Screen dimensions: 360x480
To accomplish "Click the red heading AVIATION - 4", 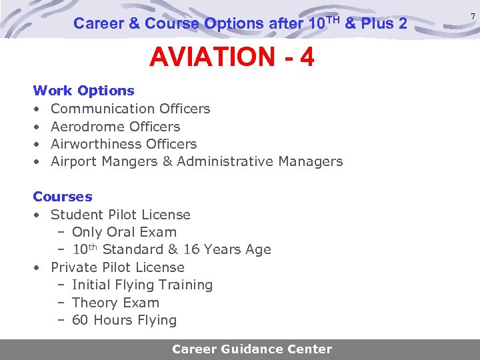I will click(x=231, y=59).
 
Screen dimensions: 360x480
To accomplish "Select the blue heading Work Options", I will click(x=83, y=91).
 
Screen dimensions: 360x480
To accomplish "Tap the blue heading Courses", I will click(x=63, y=197).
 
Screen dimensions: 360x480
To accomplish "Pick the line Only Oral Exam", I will click(x=124, y=232).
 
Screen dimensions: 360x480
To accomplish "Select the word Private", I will click(x=72, y=267).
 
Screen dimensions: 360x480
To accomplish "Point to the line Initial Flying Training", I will click(x=142, y=285).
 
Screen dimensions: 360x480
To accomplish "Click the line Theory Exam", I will click(x=115, y=303).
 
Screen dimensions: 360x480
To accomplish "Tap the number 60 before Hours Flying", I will click(x=80, y=320).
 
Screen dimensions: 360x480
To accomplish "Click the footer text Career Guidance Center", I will click(x=252, y=349).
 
